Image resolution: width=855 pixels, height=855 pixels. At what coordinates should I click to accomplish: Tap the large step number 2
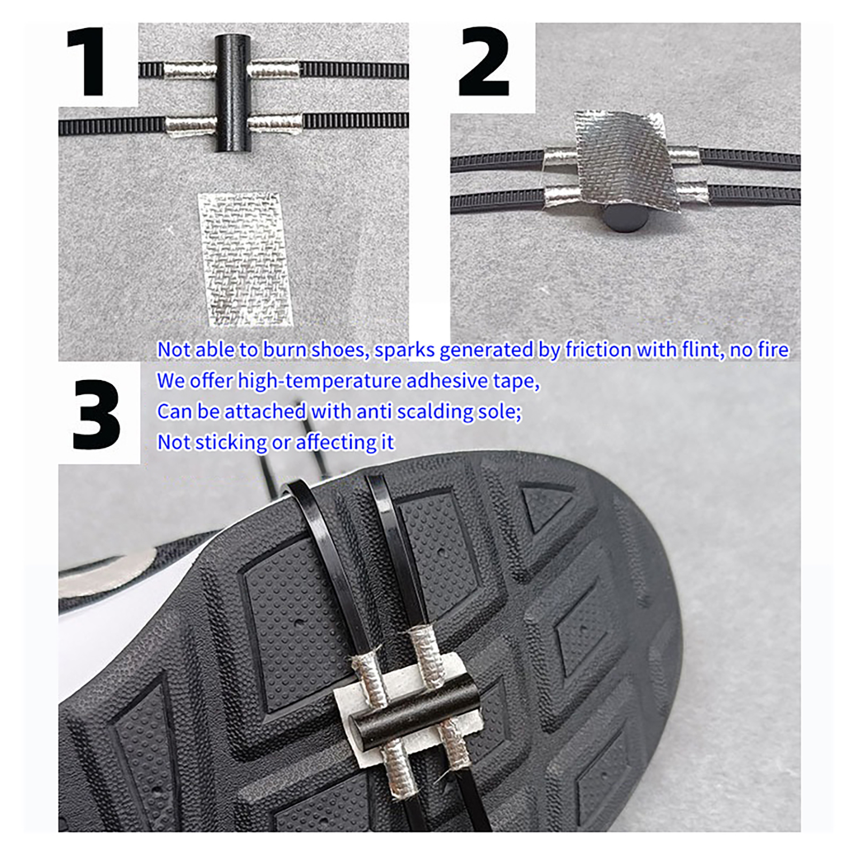pos(484,61)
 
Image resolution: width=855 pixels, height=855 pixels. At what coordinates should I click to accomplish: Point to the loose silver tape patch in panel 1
pos(245,259)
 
